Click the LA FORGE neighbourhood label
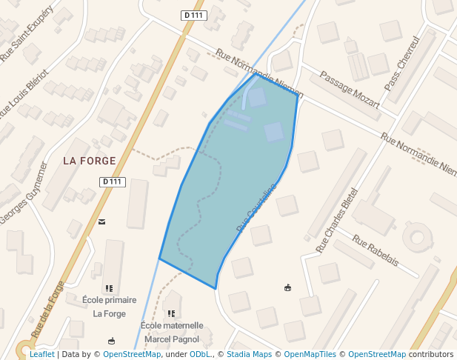tap(90, 161)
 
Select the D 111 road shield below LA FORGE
tap(113, 181)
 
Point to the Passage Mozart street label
tap(349, 89)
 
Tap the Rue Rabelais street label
tap(376, 251)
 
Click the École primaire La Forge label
tap(110, 307)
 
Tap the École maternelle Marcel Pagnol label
tap(172, 332)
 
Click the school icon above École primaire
tap(110, 288)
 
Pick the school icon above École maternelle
tap(172, 315)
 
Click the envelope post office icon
tap(101, 221)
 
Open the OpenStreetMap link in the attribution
tap(132, 354)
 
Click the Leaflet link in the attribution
tap(41, 354)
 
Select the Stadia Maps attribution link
tap(249, 354)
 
